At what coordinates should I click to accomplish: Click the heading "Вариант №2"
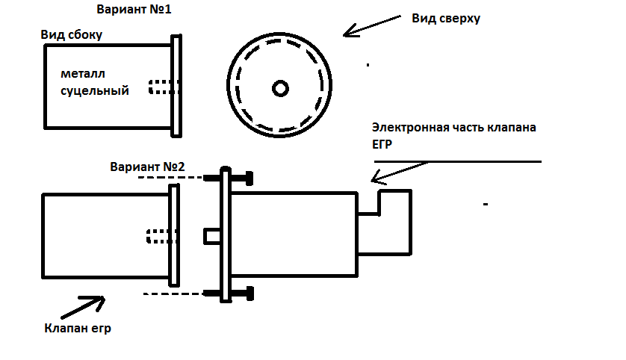click(147, 166)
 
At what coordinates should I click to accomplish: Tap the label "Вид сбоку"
click(72, 35)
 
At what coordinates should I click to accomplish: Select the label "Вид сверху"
click(446, 18)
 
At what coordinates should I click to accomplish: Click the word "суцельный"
click(95, 91)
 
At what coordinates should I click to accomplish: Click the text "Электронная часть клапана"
click(454, 127)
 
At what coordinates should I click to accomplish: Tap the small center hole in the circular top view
click(280, 88)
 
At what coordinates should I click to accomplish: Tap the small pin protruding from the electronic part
click(212, 236)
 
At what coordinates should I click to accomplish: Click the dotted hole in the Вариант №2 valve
click(159, 236)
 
